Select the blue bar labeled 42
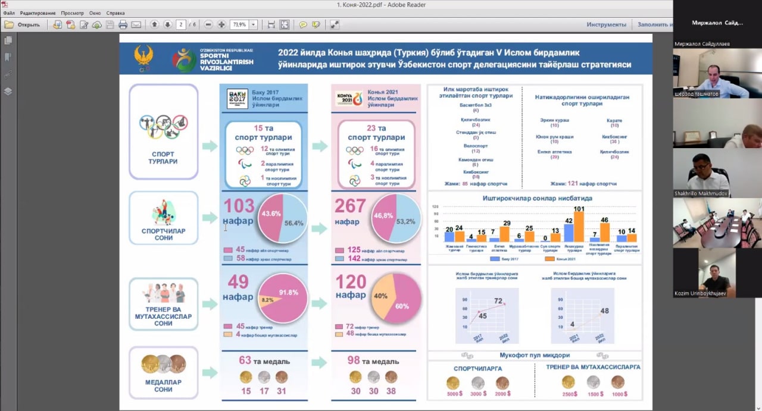point(569,233)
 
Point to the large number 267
point(350,206)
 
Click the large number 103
point(239,206)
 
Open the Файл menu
point(8,12)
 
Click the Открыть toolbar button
point(23,24)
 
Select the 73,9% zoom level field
point(240,24)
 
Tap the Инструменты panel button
point(606,24)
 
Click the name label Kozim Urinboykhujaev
point(701,293)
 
